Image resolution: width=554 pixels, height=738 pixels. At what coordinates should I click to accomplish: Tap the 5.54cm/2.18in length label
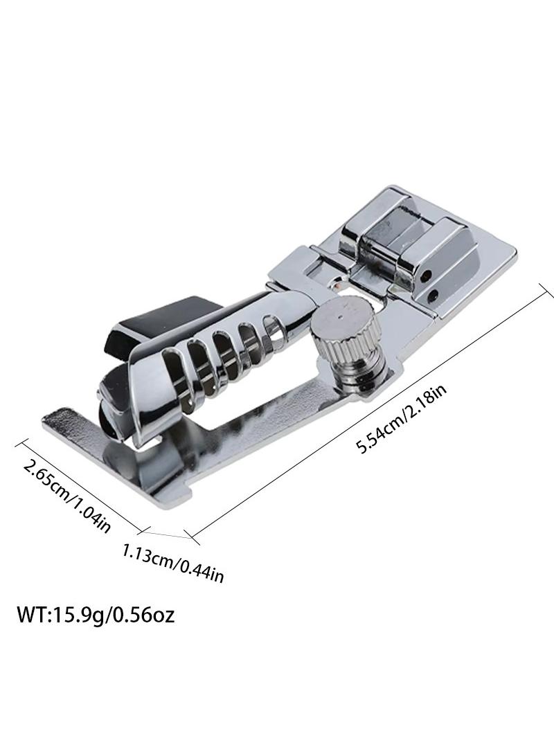click(x=401, y=420)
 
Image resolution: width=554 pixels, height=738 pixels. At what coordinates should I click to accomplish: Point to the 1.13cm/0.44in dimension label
click(x=172, y=563)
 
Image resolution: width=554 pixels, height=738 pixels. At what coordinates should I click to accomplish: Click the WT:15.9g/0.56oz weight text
click(x=96, y=615)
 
